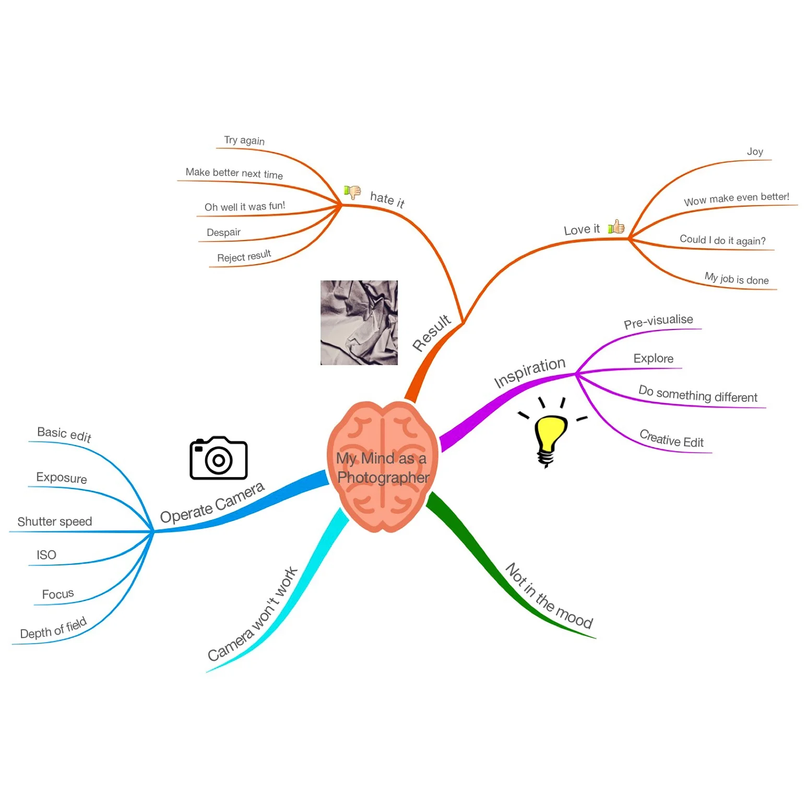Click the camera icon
coord(218,458)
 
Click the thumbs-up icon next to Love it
coord(617,227)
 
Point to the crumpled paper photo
coord(359,322)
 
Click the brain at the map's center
coord(383,466)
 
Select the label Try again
coord(244,140)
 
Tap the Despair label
coord(223,232)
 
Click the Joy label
coord(755,151)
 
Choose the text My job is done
coord(737,279)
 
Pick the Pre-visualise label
coord(658,321)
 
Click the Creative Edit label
coord(671,439)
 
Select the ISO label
coord(46,555)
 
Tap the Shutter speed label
coord(55,521)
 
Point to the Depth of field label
coord(53,629)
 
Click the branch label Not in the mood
coord(549,596)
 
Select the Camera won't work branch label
coord(253,615)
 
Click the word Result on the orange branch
coord(431,333)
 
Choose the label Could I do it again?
coord(722,240)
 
